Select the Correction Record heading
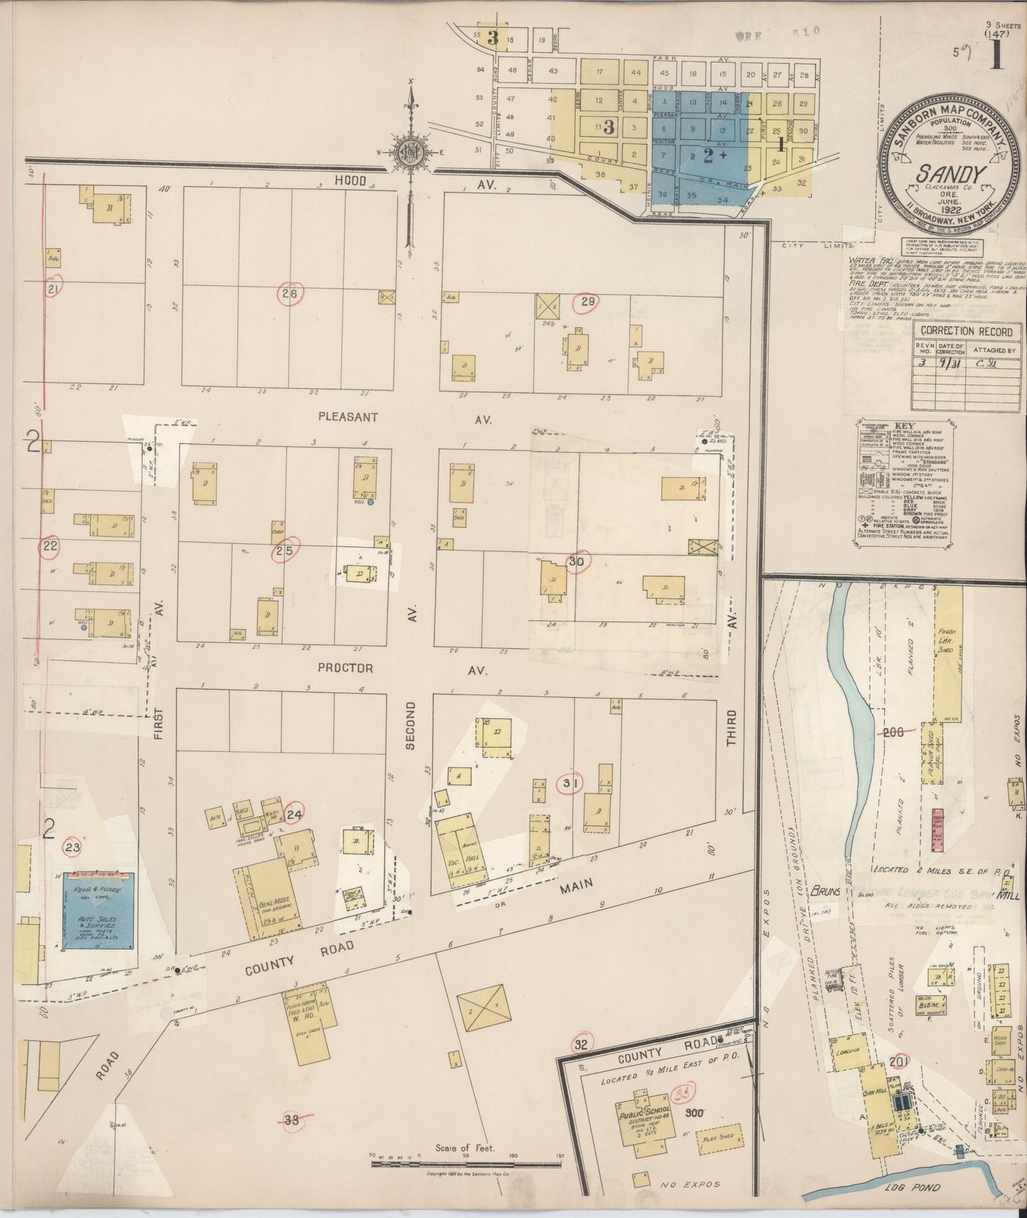(957, 330)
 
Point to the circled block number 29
(587, 302)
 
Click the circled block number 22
(50, 546)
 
